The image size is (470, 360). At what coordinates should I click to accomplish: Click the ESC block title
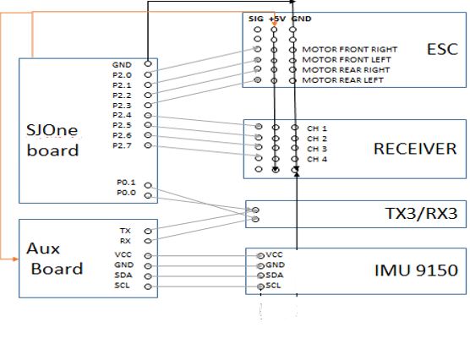coord(442,49)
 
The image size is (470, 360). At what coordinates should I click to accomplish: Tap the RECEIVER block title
coord(415,149)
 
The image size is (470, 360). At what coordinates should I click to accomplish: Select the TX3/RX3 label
coord(421,214)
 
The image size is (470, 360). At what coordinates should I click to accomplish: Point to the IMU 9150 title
coord(417,270)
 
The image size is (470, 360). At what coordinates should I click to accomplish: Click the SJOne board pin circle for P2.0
coord(148,74)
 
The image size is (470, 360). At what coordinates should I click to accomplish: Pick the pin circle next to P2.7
coord(148,145)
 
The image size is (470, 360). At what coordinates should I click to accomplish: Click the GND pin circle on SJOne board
coord(148,63)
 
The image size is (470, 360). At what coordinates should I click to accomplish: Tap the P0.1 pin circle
coord(148,186)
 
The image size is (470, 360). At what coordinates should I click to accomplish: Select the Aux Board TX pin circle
coord(148,231)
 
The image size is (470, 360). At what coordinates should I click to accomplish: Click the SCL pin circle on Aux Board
coord(148,286)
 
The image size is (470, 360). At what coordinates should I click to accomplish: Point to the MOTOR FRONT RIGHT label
coord(349,49)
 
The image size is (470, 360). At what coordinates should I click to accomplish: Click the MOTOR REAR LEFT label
coord(342,80)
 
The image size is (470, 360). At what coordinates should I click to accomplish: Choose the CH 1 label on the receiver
coord(317,128)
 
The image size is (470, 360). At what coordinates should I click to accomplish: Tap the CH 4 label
coord(317,159)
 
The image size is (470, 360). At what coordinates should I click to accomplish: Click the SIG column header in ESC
coord(255,19)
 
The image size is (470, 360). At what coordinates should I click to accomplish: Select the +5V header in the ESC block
coord(277,19)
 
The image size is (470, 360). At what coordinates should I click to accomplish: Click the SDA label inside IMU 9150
coord(275,275)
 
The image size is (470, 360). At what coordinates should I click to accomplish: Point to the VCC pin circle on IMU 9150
coord(260,256)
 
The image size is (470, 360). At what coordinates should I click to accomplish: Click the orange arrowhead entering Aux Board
coord(15,259)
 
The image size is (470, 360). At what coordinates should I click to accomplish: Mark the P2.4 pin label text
coord(122,115)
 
